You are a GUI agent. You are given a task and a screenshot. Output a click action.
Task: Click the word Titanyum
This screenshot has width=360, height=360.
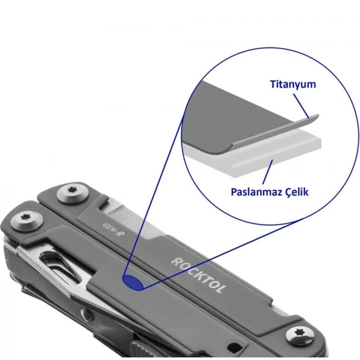point(293,84)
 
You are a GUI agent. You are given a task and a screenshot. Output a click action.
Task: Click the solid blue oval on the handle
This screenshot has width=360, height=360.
point(133,282)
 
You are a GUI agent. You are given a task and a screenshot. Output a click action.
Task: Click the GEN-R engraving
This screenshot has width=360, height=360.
point(114,229)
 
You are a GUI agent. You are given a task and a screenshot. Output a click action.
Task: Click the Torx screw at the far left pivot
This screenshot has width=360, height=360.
point(27,221)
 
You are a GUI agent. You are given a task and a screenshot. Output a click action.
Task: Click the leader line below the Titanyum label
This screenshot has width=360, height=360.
point(301,106)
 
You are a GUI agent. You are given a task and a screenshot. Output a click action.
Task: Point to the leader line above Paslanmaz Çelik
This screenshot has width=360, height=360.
point(268,172)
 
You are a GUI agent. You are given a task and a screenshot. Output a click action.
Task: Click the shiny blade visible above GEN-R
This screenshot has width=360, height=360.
point(129,218)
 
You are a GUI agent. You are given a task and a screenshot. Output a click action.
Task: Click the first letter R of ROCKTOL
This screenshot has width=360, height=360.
point(176,261)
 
